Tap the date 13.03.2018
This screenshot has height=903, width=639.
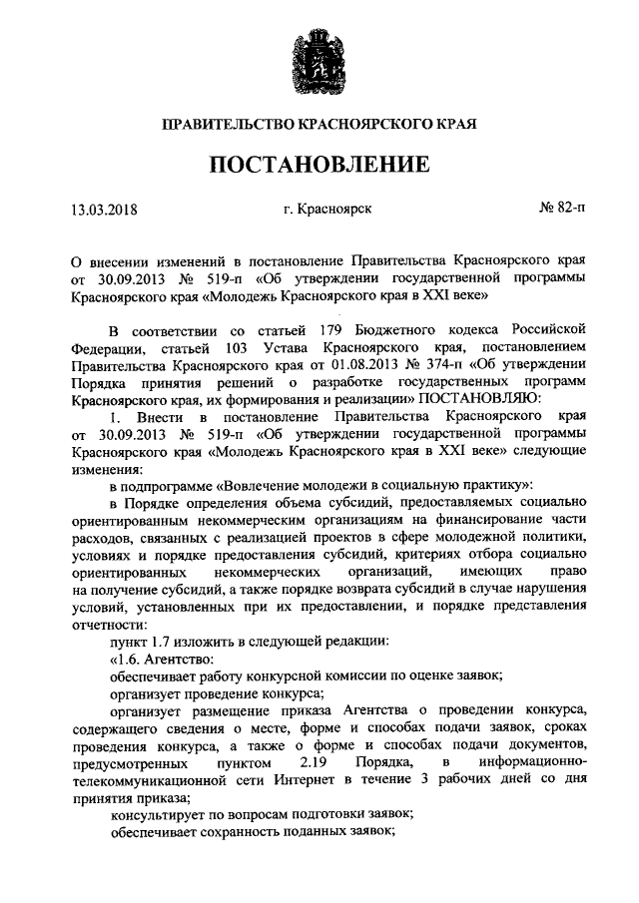click(104, 210)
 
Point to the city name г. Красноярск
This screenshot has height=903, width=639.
click(326, 210)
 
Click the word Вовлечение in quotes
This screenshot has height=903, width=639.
click(262, 485)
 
